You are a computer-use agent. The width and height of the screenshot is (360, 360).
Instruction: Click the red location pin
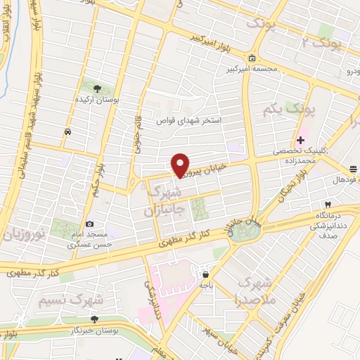(x=180, y=165)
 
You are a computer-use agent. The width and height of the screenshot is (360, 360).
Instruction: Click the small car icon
(x=67, y=131)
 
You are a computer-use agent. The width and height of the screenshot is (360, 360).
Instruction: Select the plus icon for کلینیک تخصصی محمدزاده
(x=300, y=140)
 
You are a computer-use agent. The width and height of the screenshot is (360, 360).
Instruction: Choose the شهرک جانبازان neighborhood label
(x=165, y=200)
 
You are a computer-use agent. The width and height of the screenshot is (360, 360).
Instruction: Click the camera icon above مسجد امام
(x=89, y=224)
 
